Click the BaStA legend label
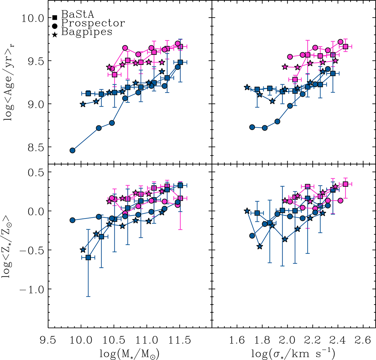click(78, 14)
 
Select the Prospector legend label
click(93, 23)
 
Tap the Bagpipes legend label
click(87, 32)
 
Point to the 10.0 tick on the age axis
click(32, 18)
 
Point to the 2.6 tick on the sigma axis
click(363, 339)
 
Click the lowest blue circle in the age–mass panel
click(72, 150)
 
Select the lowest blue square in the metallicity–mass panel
click(88, 258)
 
